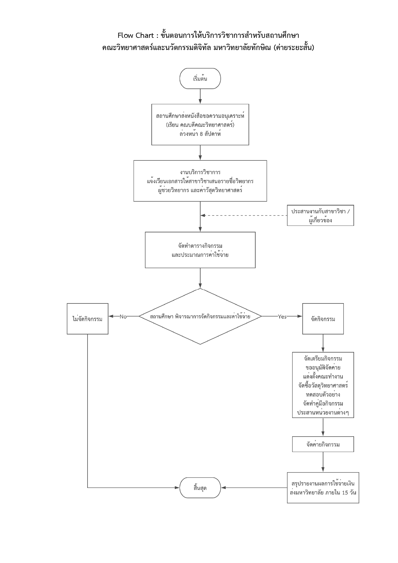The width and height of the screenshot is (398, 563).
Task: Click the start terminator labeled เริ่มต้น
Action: [200, 78]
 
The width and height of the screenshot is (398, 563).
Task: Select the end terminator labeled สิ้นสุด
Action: [200, 488]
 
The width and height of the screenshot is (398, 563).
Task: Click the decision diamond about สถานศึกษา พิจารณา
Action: [200, 316]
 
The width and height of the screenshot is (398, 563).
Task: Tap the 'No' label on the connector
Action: [123, 317]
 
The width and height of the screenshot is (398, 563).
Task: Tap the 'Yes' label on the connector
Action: [282, 317]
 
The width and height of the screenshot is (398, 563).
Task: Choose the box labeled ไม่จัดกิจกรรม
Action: [88, 319]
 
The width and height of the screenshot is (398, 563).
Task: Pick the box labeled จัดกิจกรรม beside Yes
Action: [323, 319]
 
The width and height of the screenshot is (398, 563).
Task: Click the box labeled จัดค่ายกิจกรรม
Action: [323, 444]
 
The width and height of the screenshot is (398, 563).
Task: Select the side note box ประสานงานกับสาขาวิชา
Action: [320, 216]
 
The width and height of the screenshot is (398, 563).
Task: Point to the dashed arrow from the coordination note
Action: [244, 216]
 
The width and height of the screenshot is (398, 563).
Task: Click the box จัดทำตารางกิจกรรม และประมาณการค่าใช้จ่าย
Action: [200, 250]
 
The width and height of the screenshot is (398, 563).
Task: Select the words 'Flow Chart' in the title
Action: [136, 35]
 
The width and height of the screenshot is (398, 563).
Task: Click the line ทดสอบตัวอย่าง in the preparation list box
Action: [323, 394]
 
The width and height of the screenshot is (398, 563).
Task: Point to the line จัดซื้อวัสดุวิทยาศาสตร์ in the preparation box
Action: [323, 385]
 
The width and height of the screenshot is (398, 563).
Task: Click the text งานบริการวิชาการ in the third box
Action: [200, 173]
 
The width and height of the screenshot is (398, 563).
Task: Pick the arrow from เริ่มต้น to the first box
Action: [200, 96]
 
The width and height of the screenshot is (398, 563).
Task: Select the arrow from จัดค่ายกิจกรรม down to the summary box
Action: [323, 462]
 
